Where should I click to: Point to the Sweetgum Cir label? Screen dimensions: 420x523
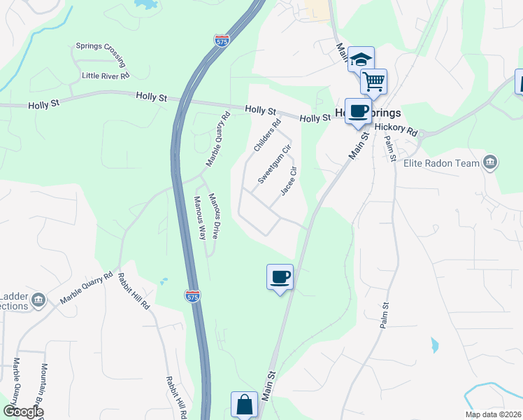(273, 164)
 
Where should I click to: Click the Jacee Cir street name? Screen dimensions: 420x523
(289, 181)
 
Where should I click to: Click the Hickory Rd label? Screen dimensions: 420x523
(396, 129)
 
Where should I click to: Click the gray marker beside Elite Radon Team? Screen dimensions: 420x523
(490, 163)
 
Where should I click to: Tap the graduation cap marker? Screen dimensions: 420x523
(361, 59)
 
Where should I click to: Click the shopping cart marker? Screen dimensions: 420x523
(374, 81)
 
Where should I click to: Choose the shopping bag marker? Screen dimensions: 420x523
(244, 405)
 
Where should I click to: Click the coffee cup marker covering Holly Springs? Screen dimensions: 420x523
(358, 111)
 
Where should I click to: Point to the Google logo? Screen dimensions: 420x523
(23, 412)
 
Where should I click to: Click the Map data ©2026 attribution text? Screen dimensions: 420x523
(494, 415)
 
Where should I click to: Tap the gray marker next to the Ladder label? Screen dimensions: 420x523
(38, 300)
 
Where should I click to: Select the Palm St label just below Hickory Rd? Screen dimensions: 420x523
(389, 148)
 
